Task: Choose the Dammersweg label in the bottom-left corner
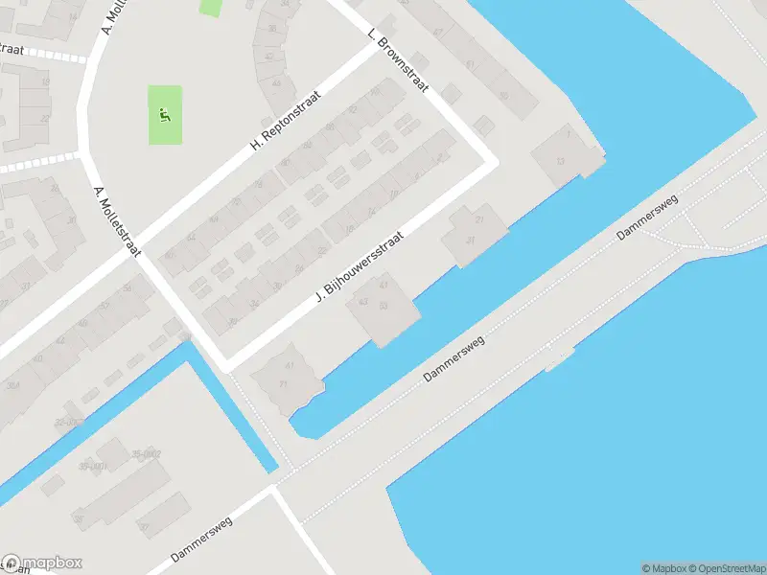point(202,541)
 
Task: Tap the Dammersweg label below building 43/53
point(455,359)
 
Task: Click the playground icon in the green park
point(165,118)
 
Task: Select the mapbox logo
point(42,563)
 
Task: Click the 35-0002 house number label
point(147,453)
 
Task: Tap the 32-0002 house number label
point(69,422)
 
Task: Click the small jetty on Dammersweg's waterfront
point(560,357)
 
